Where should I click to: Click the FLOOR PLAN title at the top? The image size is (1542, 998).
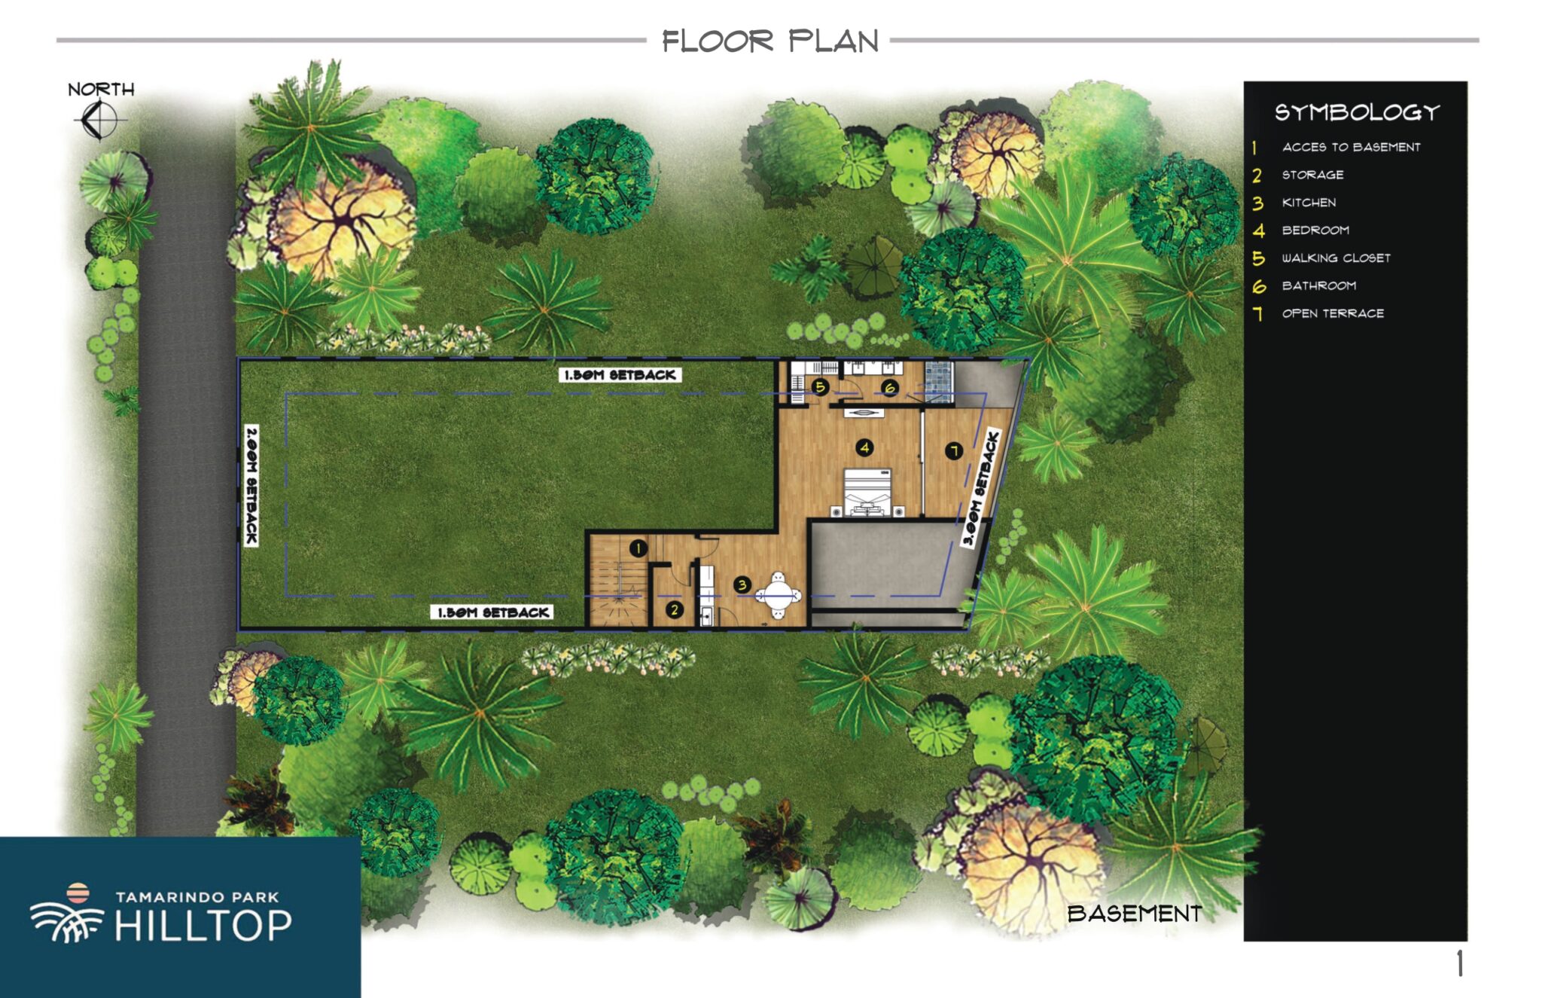pyautogui.click(x=770, y=41)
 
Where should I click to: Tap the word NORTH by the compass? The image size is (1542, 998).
pyautogui.click(x=101, y=90)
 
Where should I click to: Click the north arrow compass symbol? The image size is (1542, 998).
pyautogui.click(x=99, y=120)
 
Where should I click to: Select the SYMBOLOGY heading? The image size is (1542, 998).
pyautogui.click(x=1357, y=113)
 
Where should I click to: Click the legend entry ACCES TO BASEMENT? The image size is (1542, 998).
pyautogui.click(x=1351, y=147)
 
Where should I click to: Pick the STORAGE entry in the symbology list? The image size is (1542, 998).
pyautogui.click(x=1312, y=175)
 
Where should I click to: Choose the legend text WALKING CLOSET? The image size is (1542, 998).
pyautogui.click(x=1336, y=258)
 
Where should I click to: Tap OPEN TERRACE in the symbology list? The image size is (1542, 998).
pyautogui.click(x=1333, y=313)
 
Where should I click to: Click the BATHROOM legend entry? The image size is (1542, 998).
pyautogui.click(x=1318, y=285)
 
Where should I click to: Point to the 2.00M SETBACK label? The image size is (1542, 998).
pyautogui.click(x=251, y=485)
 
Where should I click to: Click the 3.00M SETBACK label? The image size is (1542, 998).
pyautogui.click(x=981, y=488)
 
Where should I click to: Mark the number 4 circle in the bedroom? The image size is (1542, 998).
pyautogui.click(x=864, y=447)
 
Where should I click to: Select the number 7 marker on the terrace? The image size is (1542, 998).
pyautogui.click(x=954, y=451)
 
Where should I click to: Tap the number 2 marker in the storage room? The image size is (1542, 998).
pyautogui.click(x=674, y=610)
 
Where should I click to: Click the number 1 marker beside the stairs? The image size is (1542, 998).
pyautogui.click(x=638, y=548)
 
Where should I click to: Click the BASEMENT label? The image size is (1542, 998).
pyautogui.click(x=1135, y=914)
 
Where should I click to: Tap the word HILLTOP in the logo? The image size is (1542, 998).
pyautogui.click(x=203, y=926)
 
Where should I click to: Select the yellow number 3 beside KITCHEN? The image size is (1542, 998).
pyautogui.click(x=1257, y=203)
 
